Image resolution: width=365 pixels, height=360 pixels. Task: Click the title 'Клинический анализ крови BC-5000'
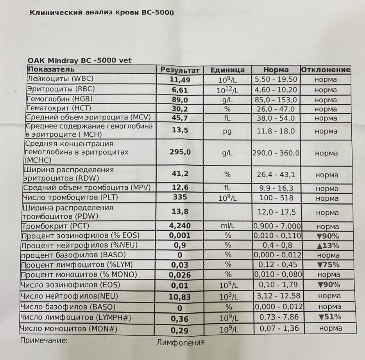102,12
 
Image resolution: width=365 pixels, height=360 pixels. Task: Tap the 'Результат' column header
180,70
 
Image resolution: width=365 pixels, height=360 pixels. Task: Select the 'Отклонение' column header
326,70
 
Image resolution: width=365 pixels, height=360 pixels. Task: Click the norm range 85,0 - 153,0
276,100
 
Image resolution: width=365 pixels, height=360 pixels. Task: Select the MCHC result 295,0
180,152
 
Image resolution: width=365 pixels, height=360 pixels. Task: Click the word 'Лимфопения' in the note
181,342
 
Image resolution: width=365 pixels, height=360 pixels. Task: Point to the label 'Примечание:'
43,340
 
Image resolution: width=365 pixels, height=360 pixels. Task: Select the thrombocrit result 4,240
180,226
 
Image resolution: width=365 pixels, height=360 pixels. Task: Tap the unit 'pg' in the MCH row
227,131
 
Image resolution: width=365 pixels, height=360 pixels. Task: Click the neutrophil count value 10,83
180,297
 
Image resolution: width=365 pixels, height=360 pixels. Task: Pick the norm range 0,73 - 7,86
276,317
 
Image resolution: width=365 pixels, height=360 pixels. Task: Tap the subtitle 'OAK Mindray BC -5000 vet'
80,61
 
